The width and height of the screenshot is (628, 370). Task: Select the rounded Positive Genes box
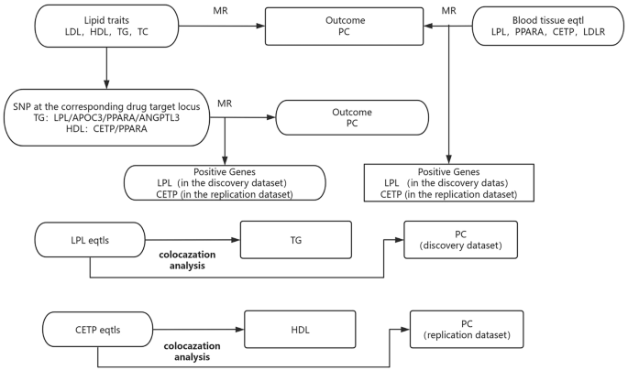coord(225,182)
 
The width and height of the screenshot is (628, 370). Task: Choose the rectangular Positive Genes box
coord(449,182)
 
